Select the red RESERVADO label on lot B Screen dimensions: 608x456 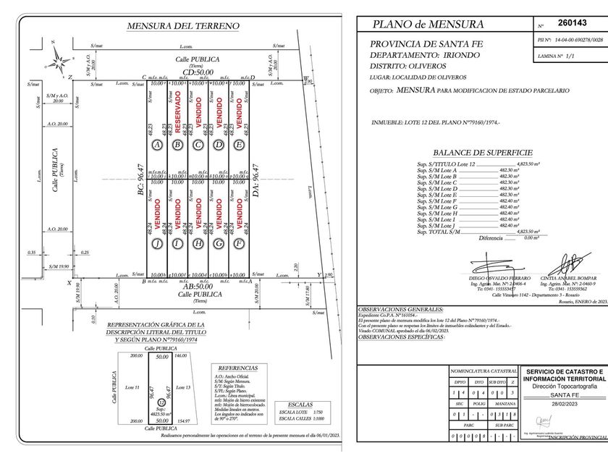[177, 110]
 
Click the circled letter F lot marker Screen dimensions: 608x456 [238, 244]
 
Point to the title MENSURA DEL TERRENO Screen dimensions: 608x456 [182, 26]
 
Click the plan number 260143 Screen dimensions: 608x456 [572, 23]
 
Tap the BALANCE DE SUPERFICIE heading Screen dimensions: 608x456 [482, 153]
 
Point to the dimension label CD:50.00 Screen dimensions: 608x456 [198, 72]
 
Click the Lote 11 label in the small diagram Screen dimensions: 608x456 [132, 387]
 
